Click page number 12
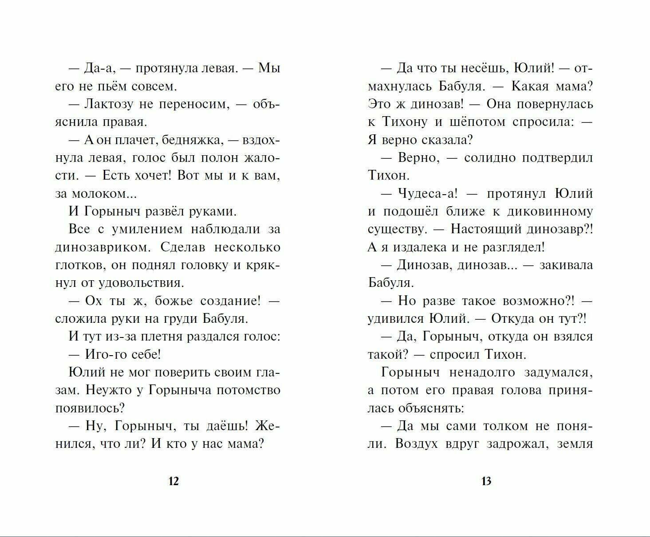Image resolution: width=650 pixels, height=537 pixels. [x=173, y=481]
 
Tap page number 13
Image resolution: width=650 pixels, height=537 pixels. [x=486, y=481]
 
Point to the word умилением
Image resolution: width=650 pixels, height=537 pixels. [x=146, y=229]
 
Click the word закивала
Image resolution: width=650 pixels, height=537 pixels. [x=566, y=265]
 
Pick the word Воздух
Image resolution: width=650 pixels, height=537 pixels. [x=414, y=444]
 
